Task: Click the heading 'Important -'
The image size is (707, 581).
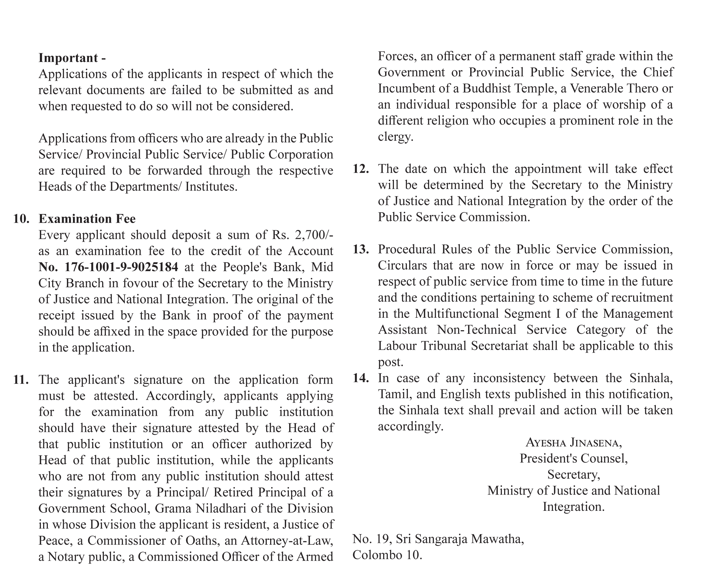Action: [x=72, y=58]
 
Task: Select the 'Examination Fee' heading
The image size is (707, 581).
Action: [x=87, y=219]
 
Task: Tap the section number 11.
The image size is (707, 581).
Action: [x=21, y=380]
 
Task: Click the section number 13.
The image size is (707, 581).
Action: [x=361, y=250]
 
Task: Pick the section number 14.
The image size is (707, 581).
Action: [x=361, y=378]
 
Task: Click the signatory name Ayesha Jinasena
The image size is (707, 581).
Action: [x=574, y=443]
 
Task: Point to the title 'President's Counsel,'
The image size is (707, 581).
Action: [x=574, y=458]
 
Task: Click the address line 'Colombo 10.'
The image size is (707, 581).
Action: [x=387, y=555]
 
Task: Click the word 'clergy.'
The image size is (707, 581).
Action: [x=395, y=137]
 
